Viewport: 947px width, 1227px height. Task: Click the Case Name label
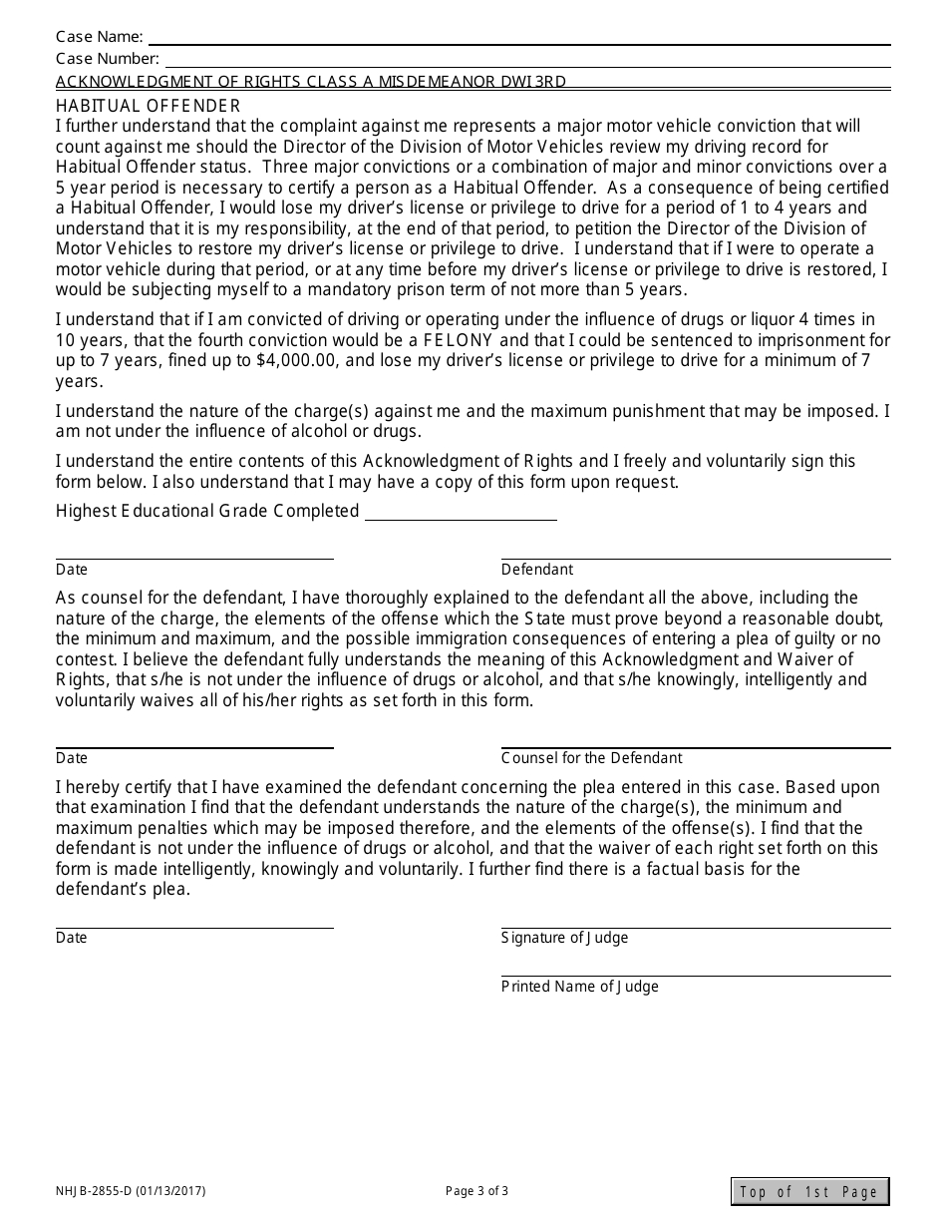coord(99,38)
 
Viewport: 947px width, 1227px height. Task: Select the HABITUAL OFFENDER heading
coord(148,106)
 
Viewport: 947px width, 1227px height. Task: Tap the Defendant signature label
coord(537,570)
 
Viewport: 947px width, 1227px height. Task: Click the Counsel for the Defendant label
coord(591,758)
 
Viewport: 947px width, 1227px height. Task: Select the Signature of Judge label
coord(564,938)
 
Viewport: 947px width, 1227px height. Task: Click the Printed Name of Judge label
coord(579,987)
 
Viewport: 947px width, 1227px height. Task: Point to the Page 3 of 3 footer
coord(476,1190)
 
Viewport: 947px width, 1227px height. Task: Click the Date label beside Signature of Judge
coord(72,938)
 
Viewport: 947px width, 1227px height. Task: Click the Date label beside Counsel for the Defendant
coord(72,758)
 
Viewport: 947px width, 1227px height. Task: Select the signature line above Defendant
coord(695,559)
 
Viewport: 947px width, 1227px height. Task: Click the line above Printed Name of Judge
coord(695,976)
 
